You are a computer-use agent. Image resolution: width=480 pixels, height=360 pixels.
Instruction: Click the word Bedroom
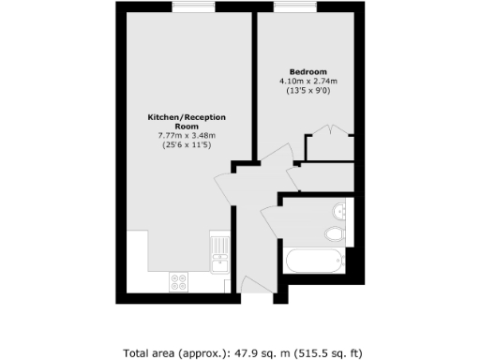(x=307, y=72)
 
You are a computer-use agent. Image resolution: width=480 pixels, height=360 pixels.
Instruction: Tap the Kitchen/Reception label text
(x=187, y=117)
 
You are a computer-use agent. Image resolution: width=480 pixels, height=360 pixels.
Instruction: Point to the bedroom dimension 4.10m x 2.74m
(x=307, y=82)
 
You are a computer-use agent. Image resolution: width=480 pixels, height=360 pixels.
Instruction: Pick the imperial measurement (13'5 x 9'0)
(x=307, y=91)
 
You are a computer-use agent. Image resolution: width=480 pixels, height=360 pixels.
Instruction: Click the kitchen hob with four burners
(x=178, y=280)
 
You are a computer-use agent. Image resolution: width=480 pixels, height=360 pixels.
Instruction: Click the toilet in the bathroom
(x=334, y=233)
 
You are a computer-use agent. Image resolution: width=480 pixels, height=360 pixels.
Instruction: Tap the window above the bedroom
(x=287, y=8)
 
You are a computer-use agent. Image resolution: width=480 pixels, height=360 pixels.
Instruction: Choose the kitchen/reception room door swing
(x=227, y=186)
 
